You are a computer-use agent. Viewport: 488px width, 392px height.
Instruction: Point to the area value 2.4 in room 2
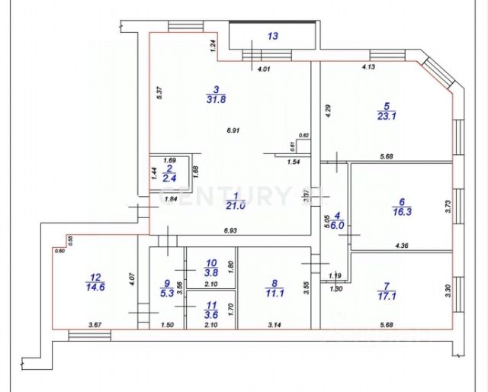click(x=170, y=178)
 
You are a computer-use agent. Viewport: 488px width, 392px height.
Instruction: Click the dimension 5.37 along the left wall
click(x=159, y=93)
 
